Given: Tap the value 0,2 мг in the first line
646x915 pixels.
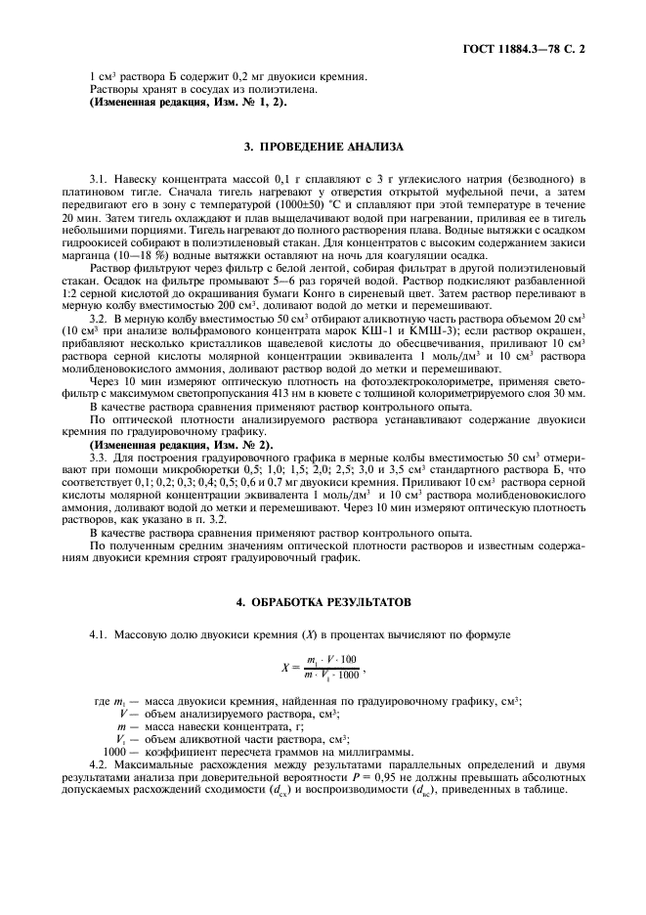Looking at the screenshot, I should point(209,76).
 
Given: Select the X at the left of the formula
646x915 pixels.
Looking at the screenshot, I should point(286,669).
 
